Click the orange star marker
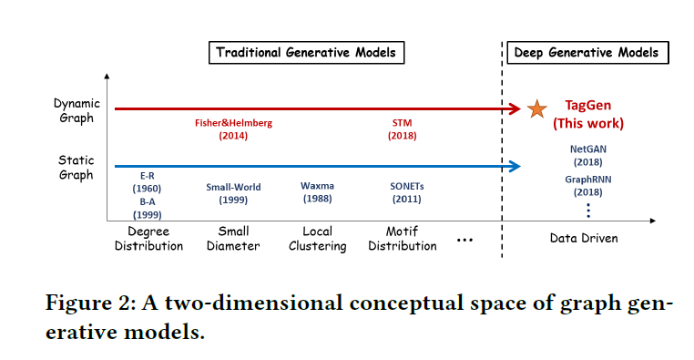pyautogui.click(x=537, y=109)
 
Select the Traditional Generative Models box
pyautogui.click(x=306, y=52)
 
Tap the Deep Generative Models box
pyautogui.click(x=587, y=52)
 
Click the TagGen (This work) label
pyautogui.click(x=594, y=114)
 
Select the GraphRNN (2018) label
pyautogui.click(x=588, y=186)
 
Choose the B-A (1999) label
pyautogui.click(x=147, y=207)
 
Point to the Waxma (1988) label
pyautogui.click(x=317, y=193)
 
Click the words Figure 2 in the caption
pyautogui.click(x=87, y=303)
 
